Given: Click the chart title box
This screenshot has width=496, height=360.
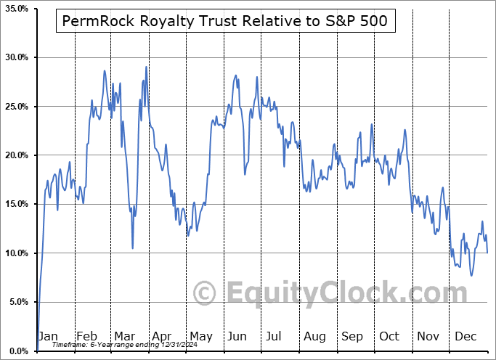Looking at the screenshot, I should pos(226,22).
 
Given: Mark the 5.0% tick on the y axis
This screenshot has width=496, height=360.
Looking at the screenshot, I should pos(17,302).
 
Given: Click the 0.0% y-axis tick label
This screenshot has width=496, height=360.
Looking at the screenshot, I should pos(17,351).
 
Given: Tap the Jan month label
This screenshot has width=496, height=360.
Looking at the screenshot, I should pos(47,337).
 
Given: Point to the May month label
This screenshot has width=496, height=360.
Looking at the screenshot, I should pos(201,337).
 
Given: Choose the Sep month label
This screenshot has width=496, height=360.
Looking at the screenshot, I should pos(352,337).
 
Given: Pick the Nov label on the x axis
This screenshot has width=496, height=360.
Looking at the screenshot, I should pos(428,337).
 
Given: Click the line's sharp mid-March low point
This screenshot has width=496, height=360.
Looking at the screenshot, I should pos(132,248).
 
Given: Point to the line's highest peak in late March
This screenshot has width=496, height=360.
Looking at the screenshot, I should pos(146,67).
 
